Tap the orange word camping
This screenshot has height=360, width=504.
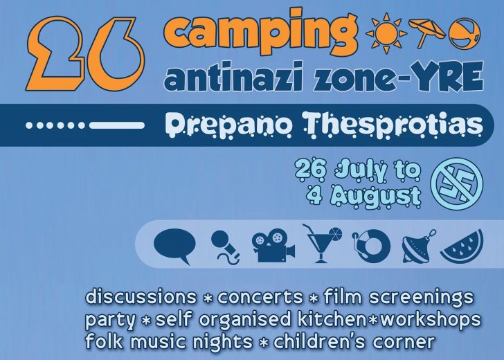(x=260, y=32)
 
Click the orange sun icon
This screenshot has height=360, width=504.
(x=386, y=33)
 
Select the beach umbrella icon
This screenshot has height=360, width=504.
(x=427, y=33)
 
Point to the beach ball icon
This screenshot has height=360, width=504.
(x=465, y=33)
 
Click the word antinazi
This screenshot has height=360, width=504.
(x=233, y=78)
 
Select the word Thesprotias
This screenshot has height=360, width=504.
(x=393, y=125)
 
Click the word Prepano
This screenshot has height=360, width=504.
(x=231, y=125)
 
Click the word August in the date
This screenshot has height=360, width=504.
(x=375, y=196)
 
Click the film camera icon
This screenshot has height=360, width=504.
(x=273, y=245)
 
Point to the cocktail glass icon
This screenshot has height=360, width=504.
(x=322, y=243)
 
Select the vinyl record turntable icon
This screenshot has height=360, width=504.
(x=371, y=246)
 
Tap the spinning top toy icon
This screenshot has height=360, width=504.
(x=418, y=247)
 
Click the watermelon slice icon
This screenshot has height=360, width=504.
(x=462, y=246)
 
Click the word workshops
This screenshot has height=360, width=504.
(x=431, y=320)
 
